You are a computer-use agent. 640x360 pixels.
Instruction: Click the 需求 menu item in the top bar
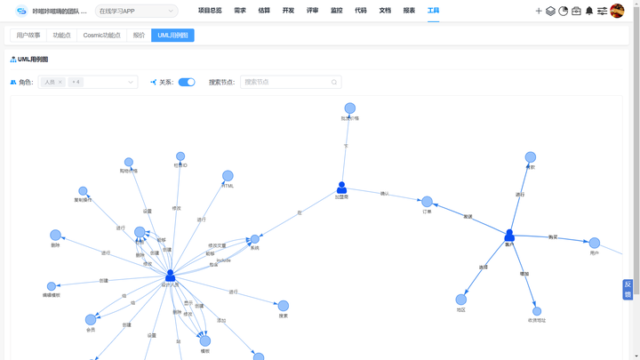click(x=240, y=11)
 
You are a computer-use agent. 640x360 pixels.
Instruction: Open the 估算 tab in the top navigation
click(x=264, y=11)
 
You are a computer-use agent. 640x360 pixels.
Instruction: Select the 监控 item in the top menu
click(x=336, y=11)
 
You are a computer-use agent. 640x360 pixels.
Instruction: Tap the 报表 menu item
click(x=409, y=11)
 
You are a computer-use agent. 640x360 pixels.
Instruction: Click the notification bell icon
click(x=588, y=12)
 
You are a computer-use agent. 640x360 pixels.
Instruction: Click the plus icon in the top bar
click(x=539, y=12)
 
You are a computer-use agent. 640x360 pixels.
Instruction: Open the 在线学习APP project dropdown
click(x=136, y=12)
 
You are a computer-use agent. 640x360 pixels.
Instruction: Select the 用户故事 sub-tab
click(x=28, y=36)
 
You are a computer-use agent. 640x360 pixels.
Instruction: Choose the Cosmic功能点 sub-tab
click(x=101, y=36)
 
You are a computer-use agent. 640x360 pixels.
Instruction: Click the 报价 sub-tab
click(x=139, y=36)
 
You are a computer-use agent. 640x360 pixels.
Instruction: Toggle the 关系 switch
click(x=187, y=82)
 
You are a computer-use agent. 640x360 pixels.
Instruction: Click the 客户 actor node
click(x=509, y=236)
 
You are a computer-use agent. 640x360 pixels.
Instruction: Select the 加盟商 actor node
click(x=341, y=188)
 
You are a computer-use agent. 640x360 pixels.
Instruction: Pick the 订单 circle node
click(x=427, y=202)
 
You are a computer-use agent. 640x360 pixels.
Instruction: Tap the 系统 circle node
click(x=255, y=239)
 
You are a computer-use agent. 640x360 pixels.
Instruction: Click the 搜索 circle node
click(x=284, y=306)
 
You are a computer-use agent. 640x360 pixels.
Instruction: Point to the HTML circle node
click(x=228, y=176)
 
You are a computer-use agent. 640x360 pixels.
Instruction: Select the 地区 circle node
click(x=460, y=300)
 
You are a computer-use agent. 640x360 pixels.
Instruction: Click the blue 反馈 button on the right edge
click(x=628, y=290)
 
